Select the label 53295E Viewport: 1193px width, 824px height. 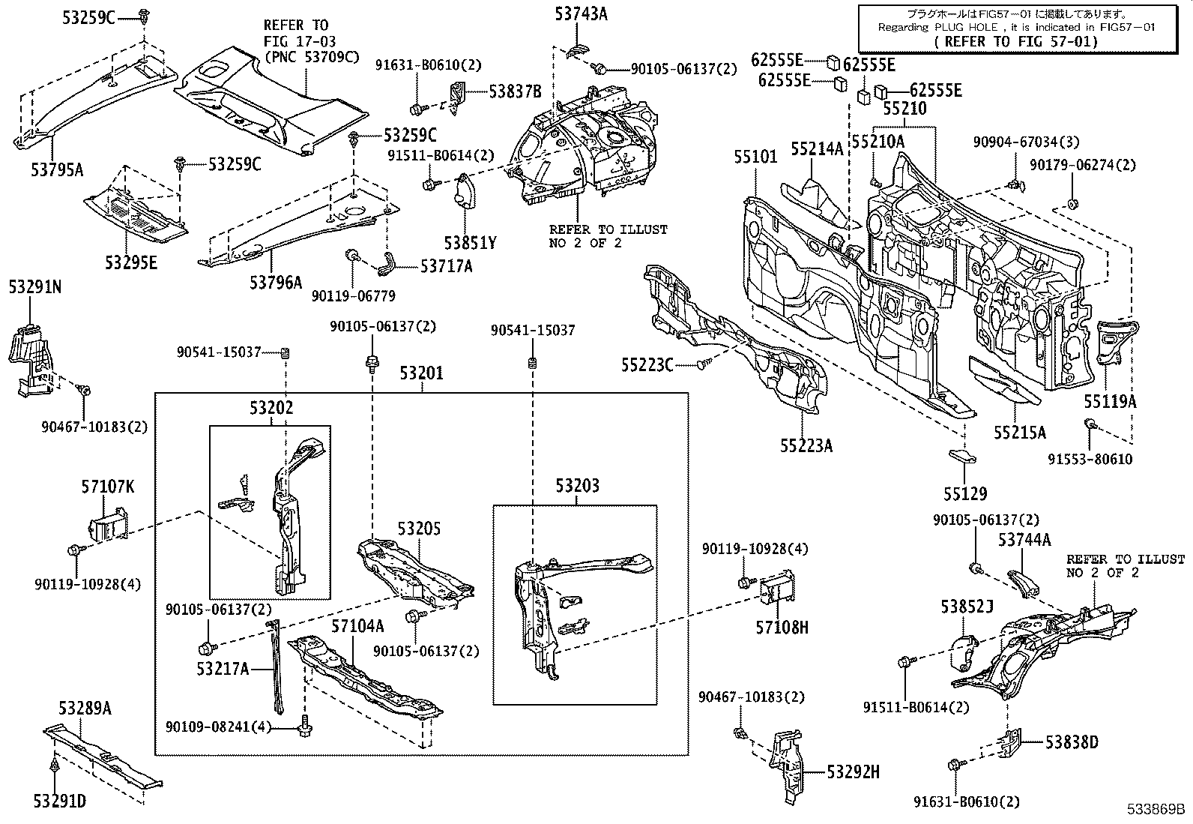click(x=131, y=262)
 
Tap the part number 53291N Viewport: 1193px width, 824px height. click(x=34, y=286)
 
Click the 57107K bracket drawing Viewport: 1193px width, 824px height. click(x=108, y=529)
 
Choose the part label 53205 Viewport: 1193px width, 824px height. click(x=419, y=529)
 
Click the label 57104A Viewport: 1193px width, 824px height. click(x=357, y=626)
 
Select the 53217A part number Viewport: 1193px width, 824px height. click(x=223, y=669)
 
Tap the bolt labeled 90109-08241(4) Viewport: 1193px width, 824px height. click(x=306, y=726)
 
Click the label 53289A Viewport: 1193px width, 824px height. click(x=85, y=708)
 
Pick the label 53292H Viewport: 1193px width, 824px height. click(x=854, y=772)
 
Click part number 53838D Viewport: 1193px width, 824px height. click(x=1072, y=742)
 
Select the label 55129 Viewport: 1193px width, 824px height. click(x=964, y=494)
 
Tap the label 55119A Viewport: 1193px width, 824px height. click(x=1110, y=402)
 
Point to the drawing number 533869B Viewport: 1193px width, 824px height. click(x=1157, y=810)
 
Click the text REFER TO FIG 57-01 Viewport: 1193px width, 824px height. click(x=1015, y=41)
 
